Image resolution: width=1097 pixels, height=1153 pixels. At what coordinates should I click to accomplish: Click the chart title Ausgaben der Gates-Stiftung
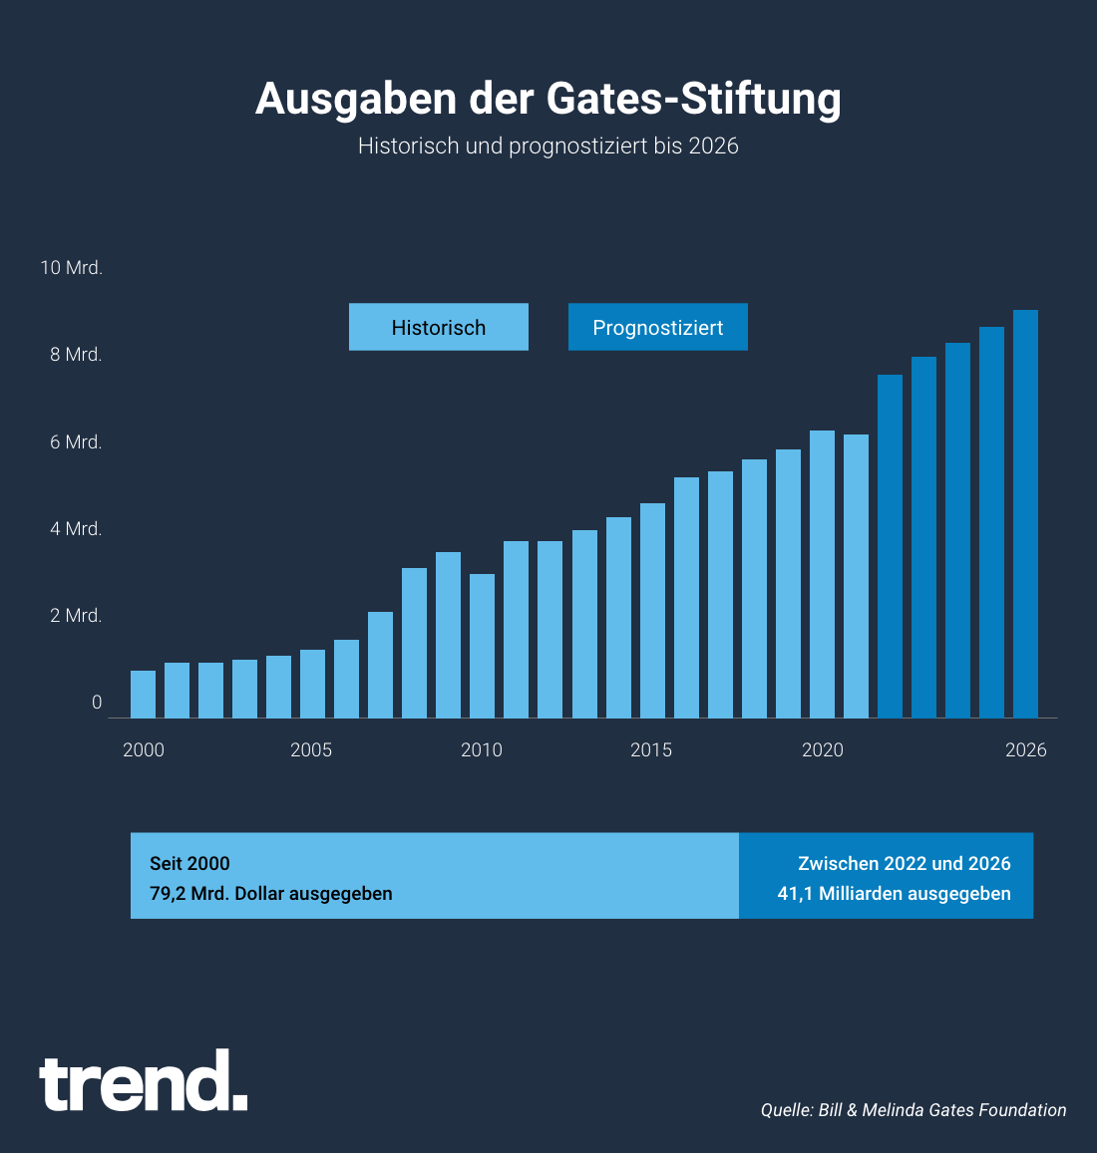[548, 99]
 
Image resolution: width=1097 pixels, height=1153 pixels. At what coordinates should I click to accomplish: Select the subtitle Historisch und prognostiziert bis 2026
[548, 145]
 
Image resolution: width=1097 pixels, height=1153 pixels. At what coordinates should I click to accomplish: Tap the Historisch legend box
[439, 327]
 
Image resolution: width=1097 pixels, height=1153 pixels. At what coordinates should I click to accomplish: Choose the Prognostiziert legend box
[658, 327]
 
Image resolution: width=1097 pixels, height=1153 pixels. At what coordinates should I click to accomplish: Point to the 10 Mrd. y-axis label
[72, 268]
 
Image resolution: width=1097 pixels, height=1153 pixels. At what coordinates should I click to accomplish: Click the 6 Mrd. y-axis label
[77, 442]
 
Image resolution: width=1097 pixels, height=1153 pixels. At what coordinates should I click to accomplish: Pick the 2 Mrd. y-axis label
[77, 616]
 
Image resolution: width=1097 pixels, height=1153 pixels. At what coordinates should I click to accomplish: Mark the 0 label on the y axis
[97, 703]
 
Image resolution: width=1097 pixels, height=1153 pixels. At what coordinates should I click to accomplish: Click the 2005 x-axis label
[311, 749]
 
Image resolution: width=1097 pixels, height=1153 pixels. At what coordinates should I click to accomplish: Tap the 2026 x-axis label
[1026, 749]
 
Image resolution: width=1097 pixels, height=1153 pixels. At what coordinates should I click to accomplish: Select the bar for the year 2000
[143, 695]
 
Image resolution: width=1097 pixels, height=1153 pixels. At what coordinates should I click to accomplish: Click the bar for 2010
[483, 646]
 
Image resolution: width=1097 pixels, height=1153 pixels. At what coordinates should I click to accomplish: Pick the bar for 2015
[652, 610]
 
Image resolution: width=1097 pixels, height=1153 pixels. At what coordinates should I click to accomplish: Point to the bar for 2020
[822, 574]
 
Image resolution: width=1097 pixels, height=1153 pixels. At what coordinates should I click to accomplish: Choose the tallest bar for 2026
[1026, 513]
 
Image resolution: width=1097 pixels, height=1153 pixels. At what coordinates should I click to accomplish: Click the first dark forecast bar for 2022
[890, 546]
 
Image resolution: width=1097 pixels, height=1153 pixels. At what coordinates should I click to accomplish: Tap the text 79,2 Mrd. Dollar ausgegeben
[271, 894]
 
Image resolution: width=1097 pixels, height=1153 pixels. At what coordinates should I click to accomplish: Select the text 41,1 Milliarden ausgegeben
[894, 894]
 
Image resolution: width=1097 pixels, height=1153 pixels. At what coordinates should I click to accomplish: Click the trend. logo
[144, 1082]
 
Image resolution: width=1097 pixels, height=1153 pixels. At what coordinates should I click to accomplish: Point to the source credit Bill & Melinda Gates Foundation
[914, 1110]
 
